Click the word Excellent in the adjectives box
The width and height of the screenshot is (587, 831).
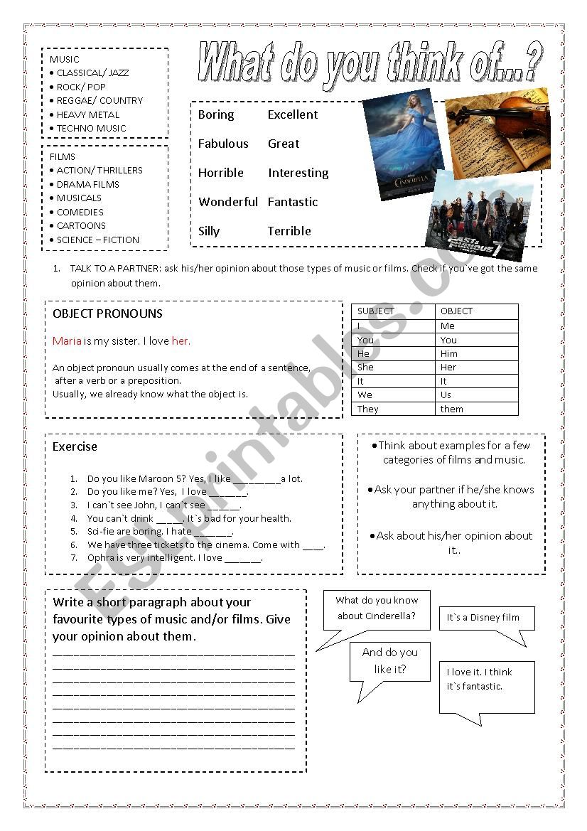(292, 114)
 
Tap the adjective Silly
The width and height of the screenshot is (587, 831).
(209, 231)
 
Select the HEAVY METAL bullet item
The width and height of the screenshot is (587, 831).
(88, 114)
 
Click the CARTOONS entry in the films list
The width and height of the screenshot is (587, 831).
(81, 225)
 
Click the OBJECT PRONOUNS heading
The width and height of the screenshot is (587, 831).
(107, 313)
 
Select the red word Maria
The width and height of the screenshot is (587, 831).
(67, 341)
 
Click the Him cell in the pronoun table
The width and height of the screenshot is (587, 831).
(449, 353)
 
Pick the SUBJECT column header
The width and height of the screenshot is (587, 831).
(376, 311)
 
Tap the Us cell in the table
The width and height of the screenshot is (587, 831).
(446, 395)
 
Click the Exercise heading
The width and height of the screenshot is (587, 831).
(75, 446)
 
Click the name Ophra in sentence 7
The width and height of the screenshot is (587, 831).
(101, 558)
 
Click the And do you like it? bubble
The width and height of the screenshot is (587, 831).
(389, 661)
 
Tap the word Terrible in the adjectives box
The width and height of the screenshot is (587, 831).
(289, 231)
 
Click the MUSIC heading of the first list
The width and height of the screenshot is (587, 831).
(65, 59)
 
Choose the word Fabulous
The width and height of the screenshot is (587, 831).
(223, 144)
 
